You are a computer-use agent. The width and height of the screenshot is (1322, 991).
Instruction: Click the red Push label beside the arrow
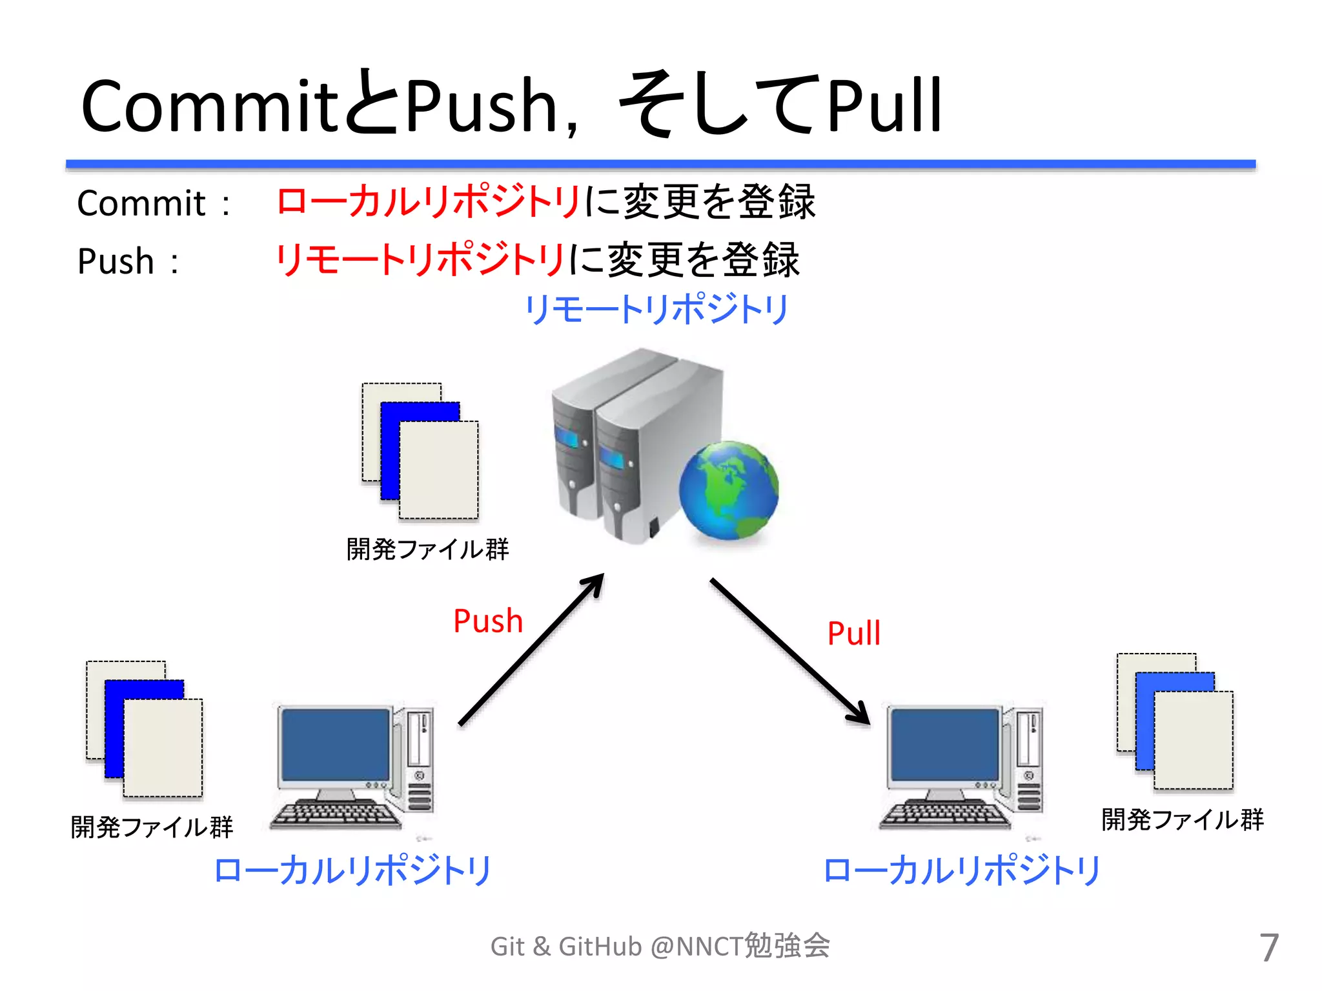(488, 621)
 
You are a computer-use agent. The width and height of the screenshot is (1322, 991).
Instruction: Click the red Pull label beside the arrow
(853, 633)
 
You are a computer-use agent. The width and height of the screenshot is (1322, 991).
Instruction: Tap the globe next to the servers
(729, 490)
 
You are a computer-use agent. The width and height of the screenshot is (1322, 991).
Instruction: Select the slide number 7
(1268, 947)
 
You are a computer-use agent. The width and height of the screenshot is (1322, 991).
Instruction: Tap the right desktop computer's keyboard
(945, 814)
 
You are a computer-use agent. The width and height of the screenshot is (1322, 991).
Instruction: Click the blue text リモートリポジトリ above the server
(656, 309)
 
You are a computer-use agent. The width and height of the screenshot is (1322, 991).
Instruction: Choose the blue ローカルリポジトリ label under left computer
(352, 870)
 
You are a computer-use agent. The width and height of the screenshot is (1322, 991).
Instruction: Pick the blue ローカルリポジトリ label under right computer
(962, 870)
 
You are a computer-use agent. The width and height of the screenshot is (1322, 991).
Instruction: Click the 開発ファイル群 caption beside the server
(427, 550)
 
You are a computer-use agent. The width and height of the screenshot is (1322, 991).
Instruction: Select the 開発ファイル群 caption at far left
(152, 827)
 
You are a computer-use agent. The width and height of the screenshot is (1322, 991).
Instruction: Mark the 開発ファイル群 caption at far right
(1182, 819)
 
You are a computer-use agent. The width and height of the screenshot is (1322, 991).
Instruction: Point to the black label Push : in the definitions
(128, 261)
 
